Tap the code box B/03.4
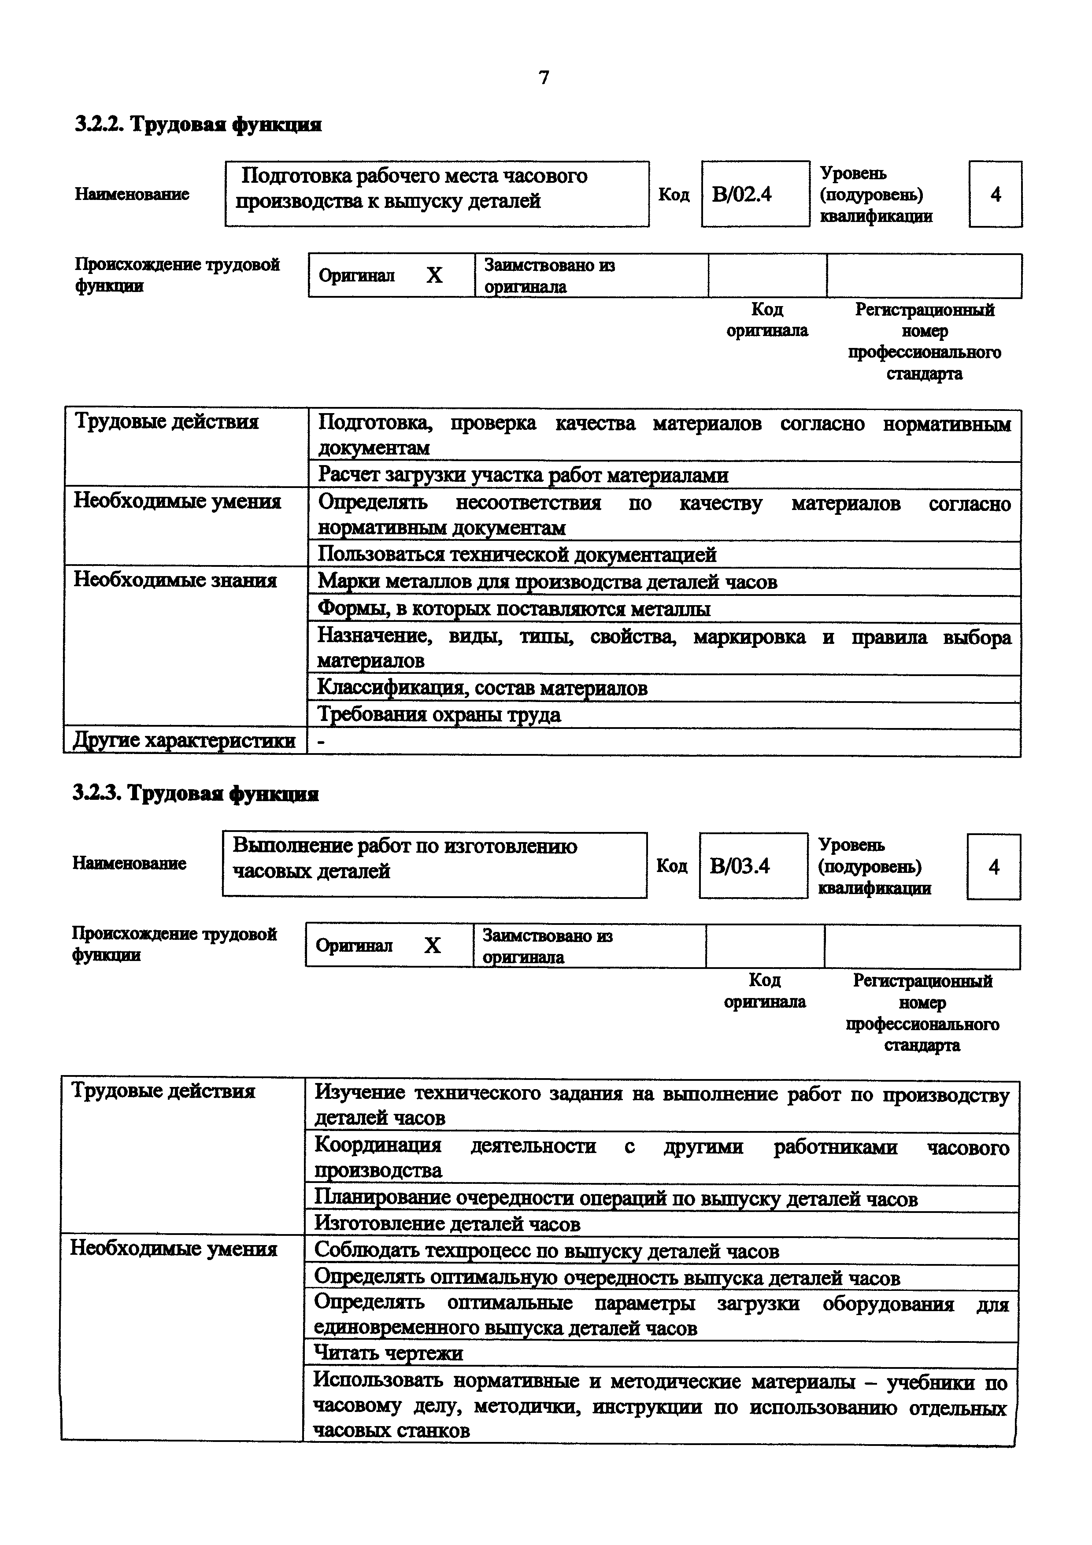(752, 865)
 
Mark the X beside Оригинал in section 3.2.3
(432, 946)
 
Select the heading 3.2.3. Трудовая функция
(195, 794)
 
